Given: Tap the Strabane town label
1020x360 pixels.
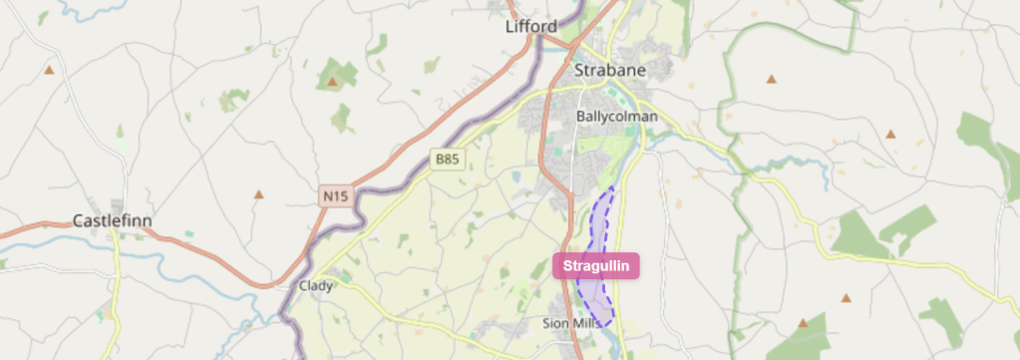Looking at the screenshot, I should pos(610,71).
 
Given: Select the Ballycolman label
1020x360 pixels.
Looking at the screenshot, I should pos(617,117).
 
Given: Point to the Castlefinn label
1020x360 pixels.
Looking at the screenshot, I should pos(112,220).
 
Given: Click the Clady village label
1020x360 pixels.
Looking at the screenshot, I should pos(315,285).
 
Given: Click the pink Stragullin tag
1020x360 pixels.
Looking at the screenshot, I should pos(596,266).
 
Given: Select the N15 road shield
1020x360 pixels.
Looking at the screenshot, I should pos(336,196).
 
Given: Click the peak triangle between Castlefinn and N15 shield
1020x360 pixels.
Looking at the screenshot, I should pos(258,194).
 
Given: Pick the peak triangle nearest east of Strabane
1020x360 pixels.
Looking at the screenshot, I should pos(771,78).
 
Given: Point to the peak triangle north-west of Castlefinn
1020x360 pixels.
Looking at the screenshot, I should pos(49,70).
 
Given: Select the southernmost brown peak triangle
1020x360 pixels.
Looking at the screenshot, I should pos(803,323).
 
